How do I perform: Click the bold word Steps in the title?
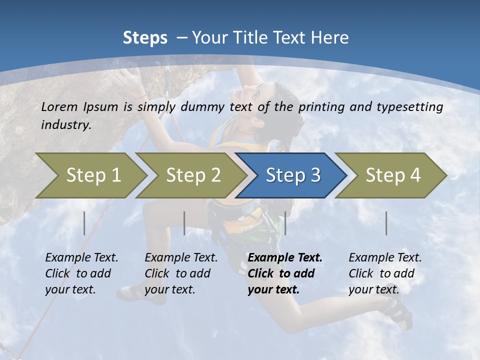click(145, 38)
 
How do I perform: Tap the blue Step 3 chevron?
click(293, 175)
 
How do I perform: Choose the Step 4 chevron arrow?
click(393, 175)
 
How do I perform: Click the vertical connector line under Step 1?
click(84, 223)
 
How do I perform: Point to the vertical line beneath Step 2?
click(184, 223)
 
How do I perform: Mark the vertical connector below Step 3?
click(285, 223)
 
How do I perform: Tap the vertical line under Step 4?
click(386, 223)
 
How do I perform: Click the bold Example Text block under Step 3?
click(285, 273)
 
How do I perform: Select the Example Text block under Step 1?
click(81, 273)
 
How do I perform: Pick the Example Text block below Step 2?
click(181, 273)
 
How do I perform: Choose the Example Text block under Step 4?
click(385, 273)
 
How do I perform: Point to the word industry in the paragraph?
click(65, 124)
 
